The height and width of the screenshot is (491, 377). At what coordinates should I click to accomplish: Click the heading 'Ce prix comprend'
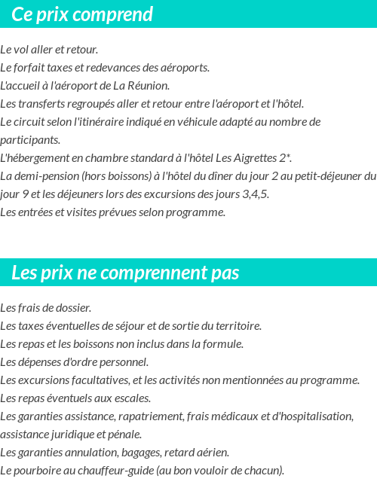point(82,14)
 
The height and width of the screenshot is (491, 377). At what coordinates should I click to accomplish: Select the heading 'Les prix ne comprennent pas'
point(125,273)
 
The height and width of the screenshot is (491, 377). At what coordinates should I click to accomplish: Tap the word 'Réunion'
point(149,86)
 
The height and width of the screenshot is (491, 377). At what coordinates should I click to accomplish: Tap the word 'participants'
point(29,140)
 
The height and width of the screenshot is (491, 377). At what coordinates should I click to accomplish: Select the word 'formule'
point(222,344)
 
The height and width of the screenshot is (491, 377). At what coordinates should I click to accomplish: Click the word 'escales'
point(131,398)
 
